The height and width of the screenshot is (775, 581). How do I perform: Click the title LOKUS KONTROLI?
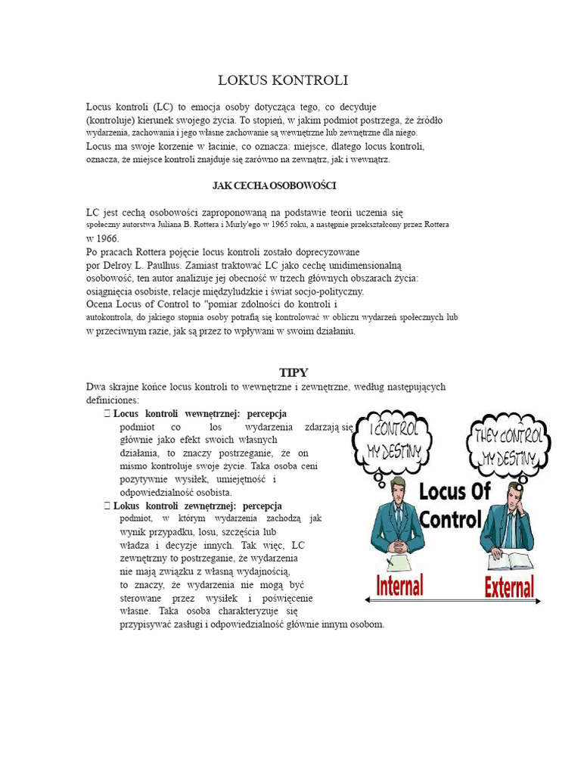[283, 80]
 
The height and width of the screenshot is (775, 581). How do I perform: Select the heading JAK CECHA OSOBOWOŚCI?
[274, 185]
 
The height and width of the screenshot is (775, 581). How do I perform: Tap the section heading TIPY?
[294, 372]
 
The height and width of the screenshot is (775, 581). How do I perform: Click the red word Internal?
[399, 585]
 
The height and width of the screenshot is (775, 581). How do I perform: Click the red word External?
[509, 587]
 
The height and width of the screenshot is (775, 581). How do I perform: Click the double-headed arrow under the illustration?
[453, 600]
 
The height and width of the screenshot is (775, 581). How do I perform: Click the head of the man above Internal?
[398, 487]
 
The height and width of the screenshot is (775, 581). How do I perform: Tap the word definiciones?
[113, 400]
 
